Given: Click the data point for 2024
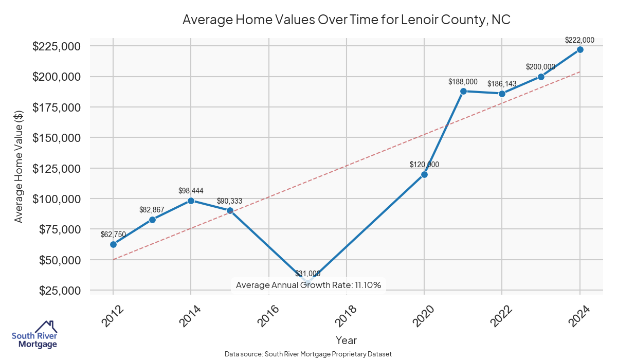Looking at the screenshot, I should click(580, 49).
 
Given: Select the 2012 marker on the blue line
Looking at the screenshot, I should click(113, 244).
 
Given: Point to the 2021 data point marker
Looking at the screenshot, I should click(463, 91).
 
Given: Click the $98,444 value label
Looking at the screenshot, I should click(191, 191).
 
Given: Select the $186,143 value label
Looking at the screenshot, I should click(502, 83).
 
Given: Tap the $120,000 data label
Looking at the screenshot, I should click(424, 165).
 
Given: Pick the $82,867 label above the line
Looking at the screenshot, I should click(152, 210).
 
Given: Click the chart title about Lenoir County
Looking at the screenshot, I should click(346, 20).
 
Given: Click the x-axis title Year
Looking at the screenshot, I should click(346, 340).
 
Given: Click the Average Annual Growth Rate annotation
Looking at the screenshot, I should click(308, 285).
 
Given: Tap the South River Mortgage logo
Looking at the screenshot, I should click(34, 335).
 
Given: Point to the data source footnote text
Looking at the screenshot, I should click(308, 354).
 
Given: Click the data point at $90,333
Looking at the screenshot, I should click(230, 211).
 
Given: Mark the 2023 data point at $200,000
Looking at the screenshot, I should click(541, 77).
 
